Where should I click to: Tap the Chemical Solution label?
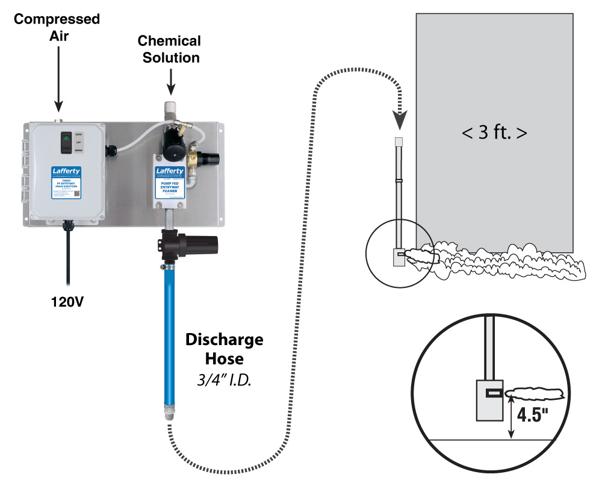[x=169, y=49]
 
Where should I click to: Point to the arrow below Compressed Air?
[x=58, y=78]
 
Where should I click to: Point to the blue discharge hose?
[x=170, y=337]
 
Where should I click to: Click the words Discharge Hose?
[x=223, y=349]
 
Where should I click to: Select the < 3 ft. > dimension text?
[x=494, y=132]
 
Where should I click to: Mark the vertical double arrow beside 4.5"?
[x=511, y=420]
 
